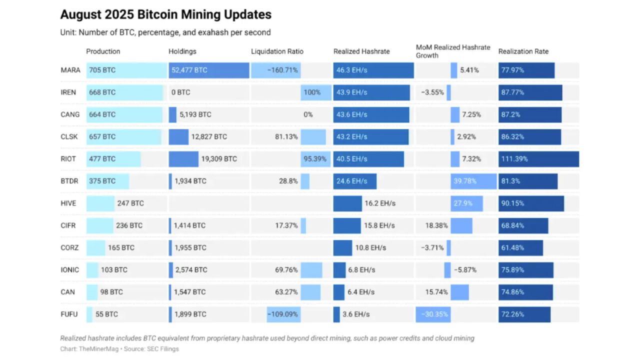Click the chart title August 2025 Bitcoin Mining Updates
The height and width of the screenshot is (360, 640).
165,14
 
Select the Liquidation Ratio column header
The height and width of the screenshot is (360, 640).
277,51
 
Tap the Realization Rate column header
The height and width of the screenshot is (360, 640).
523,51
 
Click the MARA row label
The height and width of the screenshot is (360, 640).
70,70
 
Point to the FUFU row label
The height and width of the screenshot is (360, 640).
70,314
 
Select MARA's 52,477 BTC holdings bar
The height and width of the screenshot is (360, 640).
209,70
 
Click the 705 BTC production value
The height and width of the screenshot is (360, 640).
102,70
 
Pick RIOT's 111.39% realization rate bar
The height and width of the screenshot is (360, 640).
538,159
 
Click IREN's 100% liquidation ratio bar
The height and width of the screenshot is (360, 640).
316,92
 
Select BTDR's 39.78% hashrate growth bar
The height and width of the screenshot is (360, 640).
473,181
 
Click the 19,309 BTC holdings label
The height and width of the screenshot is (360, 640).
219,159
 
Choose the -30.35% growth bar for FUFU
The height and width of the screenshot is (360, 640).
433,314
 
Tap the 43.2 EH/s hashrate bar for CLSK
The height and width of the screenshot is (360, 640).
370,137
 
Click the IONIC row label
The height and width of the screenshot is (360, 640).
70,270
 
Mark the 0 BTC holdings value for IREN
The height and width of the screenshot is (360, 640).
180,92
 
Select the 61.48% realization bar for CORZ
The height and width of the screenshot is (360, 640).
520,248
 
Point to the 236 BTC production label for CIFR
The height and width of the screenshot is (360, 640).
129,225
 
